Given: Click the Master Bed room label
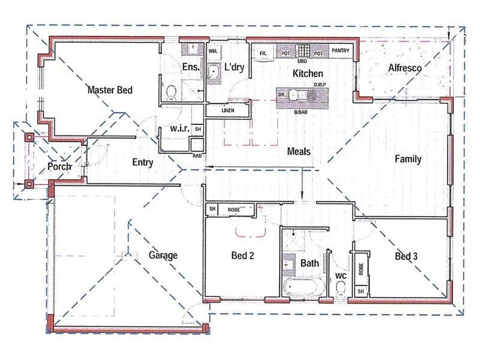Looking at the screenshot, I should pos(109,90).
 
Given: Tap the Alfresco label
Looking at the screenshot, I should pos(405,68).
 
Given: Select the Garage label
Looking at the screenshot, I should pos(163,255).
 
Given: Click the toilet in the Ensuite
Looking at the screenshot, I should pos(171,92).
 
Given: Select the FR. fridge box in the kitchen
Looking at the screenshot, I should pos(263,53).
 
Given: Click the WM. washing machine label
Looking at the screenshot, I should pos(212,52).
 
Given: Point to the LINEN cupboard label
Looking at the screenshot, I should pos(227,111).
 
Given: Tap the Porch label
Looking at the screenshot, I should pos(60,166).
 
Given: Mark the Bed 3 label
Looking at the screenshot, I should pos(406,257).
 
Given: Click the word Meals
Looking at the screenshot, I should pos(298,152).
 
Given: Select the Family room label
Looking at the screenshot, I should pos(408,160).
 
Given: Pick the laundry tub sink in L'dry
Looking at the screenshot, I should pos(214,73).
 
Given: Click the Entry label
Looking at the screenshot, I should pos(142,162).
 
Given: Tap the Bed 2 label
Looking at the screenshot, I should pos(243,256).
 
